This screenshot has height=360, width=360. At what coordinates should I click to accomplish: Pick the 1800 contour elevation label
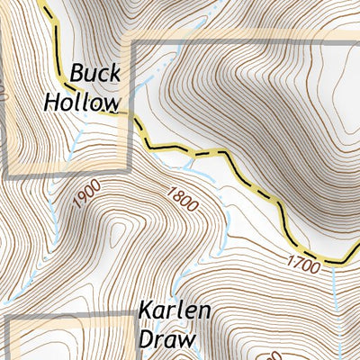pos(180,198)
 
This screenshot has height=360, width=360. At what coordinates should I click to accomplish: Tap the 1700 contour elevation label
pos(305,264)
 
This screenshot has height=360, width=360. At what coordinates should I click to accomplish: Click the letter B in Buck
pos(77,73)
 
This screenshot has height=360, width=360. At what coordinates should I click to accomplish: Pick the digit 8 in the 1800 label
pos(174,193)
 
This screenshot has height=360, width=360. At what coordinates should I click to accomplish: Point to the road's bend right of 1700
pos(343,262)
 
